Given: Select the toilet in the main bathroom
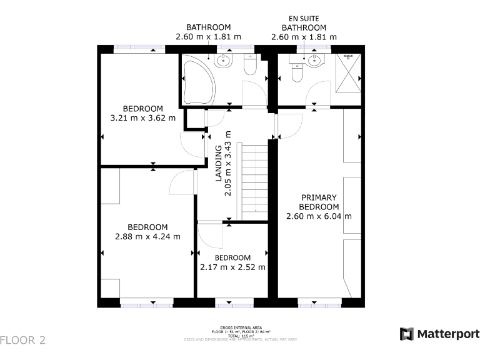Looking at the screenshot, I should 251,64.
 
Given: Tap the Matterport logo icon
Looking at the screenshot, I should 407,334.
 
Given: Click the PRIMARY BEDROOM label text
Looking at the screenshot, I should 319,202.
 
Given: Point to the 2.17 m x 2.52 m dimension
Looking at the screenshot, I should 232,267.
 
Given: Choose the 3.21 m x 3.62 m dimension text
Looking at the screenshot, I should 142,117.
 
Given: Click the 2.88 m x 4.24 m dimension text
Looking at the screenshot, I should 147,236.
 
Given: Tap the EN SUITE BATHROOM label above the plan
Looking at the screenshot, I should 304,27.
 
